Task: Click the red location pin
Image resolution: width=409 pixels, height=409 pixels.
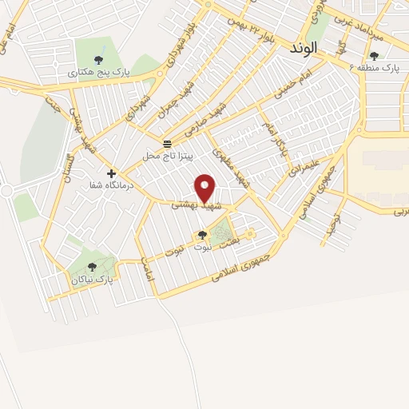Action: [206, 188]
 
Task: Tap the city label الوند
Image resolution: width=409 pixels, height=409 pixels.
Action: [305, 48]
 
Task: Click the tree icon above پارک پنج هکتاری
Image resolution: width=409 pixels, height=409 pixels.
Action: [98, 59]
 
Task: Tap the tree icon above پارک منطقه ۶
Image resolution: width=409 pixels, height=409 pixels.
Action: [374, 56]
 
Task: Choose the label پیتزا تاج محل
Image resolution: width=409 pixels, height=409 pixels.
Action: [167, 156]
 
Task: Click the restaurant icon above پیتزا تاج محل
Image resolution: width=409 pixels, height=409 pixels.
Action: [167, 144]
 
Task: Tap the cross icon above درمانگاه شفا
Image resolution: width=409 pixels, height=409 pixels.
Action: [111, 173]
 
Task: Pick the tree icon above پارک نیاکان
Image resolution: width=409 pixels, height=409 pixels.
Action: [92, 267]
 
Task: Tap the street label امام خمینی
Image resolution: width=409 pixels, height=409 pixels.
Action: [296, 88]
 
